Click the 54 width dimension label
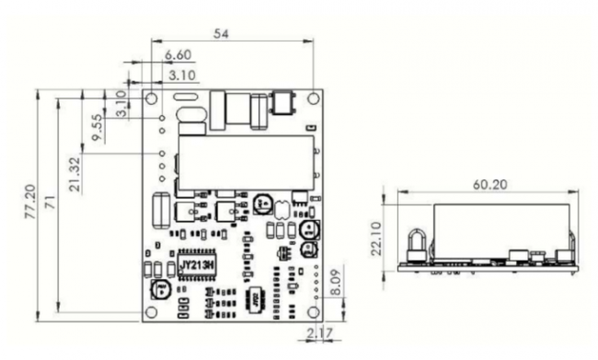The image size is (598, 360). [x=221, y=33]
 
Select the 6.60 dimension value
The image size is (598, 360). [x=178, y=55]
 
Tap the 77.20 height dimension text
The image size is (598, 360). [x=30, y=202]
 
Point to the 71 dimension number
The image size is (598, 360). [x=51, y=202]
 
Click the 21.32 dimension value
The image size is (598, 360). [x=75, y=174]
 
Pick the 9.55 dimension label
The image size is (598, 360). [x=98, y=127]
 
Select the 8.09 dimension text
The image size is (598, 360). [x=335, y=283]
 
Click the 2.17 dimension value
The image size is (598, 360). [x=319, y=332]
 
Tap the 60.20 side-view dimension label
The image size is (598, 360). [x=490, y=185]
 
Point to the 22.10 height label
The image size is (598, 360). [x=377, y=238]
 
